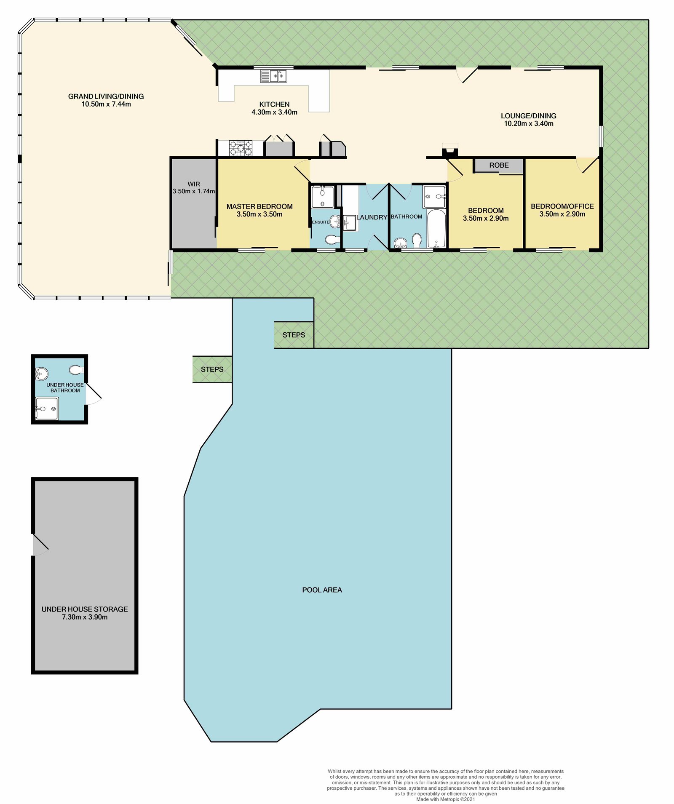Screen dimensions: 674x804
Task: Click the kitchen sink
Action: (273, 76)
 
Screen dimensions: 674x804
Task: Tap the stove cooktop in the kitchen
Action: (241, 148)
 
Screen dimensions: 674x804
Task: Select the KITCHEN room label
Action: (275, 104)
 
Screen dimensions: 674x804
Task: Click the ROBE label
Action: (499, 165)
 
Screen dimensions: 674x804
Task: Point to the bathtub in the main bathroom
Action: (436, 229)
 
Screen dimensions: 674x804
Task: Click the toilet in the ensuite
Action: (332, 240)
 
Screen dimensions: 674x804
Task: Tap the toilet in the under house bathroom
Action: (76, 370)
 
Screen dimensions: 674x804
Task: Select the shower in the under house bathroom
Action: (46, 409)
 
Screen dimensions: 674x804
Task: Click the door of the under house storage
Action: (41, 545)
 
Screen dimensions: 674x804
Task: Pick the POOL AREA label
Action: (322, 590)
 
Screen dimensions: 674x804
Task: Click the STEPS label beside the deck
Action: (294, 335)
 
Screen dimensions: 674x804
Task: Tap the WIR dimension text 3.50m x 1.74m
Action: (194, 191)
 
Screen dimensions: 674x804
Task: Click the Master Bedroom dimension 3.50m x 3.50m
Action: (259, 214)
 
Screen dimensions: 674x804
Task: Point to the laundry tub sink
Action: (350, 223)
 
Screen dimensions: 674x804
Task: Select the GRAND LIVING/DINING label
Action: (106, 96)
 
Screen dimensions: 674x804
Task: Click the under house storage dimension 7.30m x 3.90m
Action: (85, 617)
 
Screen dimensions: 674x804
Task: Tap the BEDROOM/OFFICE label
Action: (562, 206)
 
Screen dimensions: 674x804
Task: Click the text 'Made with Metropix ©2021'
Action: (446, 799)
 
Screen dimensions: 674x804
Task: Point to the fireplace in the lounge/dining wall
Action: (449, 151)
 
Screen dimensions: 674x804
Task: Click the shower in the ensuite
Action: (322, 197)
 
